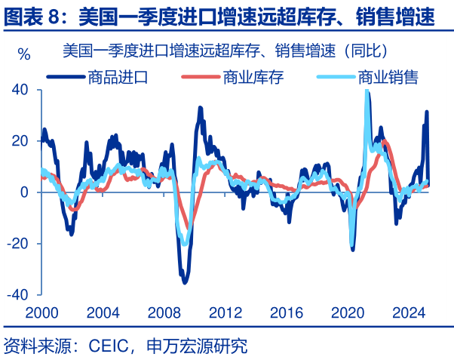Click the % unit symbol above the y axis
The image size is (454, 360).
24,55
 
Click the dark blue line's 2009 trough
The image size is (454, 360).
185,282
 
